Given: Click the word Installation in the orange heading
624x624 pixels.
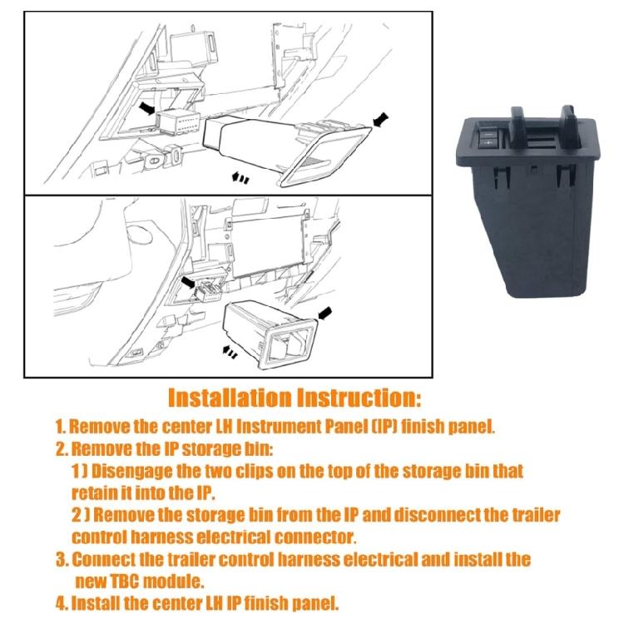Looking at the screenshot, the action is coord(230,398).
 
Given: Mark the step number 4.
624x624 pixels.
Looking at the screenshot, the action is coord(61,604).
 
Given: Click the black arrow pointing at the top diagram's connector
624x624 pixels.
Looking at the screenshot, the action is coord(146,107).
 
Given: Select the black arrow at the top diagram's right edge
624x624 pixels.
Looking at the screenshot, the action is coord(380,119).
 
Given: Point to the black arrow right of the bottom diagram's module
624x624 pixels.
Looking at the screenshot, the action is coord(325,313).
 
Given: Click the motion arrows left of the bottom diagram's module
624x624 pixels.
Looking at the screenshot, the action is coord(230,351).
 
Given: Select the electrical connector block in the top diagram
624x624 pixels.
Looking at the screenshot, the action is coord(179,123).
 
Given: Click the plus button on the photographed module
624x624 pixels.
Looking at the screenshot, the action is coord(488,142).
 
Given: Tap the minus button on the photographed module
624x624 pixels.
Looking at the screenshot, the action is coord(486,133).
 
